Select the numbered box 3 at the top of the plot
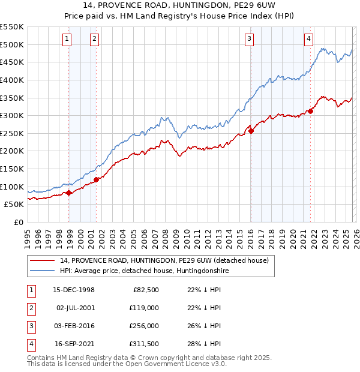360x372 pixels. (249, 40)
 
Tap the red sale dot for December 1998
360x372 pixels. (69, 193)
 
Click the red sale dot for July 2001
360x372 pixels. (96, 179)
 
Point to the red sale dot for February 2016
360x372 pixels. (251, 131)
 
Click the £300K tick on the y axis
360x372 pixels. (12, 115)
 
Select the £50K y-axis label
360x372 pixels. (14, 205)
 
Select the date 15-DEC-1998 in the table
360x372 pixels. (74, 290)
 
